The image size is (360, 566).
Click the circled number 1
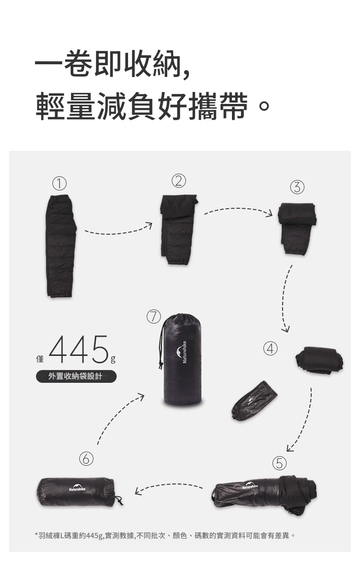[x=59, y=184]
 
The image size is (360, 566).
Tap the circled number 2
[x=179, y=181]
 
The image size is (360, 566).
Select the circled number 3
[x=297, y=187]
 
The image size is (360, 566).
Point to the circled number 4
[x=270, y=349]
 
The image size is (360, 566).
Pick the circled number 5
[x=279, y=463]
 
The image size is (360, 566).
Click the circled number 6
[x=86, y=459]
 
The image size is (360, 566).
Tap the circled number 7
[x=154, y=317]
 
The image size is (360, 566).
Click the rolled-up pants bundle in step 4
[x=319, y=360]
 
